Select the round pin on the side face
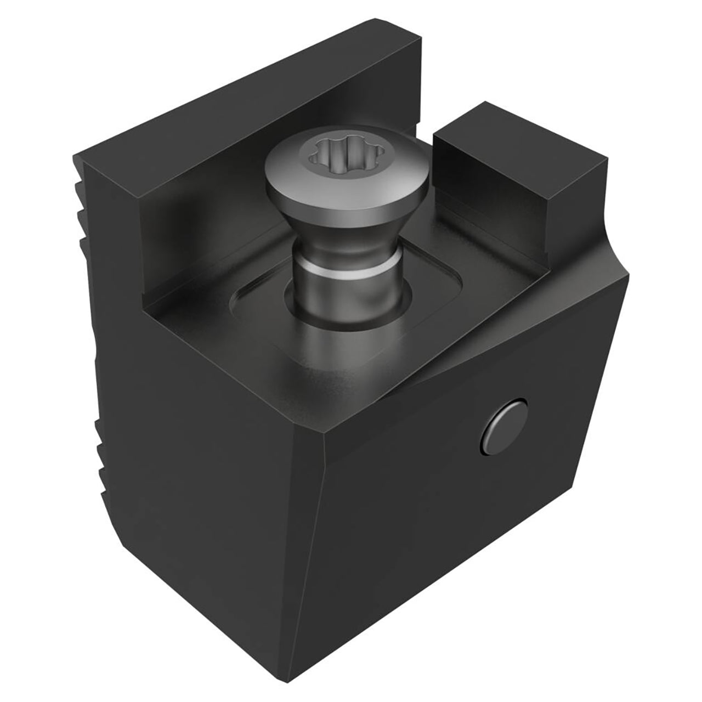pyautogui.click(x=503, y=426)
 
